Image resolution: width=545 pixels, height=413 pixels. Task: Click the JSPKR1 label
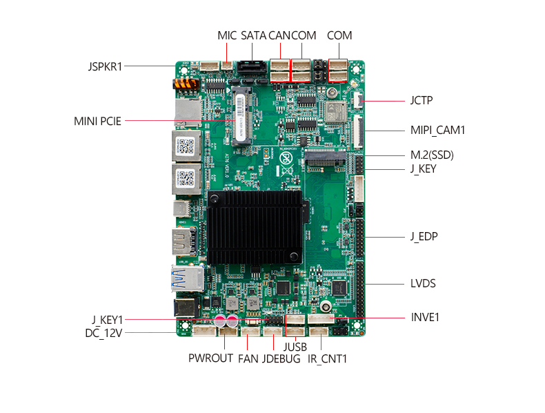click(105, 66)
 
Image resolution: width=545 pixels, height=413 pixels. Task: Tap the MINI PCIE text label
click(97, 121)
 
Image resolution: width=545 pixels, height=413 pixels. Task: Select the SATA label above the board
click(253, 35)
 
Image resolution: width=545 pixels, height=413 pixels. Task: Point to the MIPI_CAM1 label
click(437, 130)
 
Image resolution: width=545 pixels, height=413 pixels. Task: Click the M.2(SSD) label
click(432, 155)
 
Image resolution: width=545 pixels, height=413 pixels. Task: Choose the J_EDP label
click(424, 237)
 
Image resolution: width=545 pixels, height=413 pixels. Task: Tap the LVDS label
click(423, 283)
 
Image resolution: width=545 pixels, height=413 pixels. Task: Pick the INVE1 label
click(425, 317)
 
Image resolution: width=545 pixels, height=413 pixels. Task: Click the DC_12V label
click(103, 334)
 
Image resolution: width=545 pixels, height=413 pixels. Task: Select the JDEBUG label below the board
click(281, 358)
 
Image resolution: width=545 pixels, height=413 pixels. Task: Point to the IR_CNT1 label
click(328, 359)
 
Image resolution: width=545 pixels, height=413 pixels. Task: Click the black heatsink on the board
click(255, 227)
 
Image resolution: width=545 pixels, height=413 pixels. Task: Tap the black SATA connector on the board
click(252, 68)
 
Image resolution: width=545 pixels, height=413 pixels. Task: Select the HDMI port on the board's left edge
click(184, 241)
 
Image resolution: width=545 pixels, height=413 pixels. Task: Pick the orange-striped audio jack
click(186, 84)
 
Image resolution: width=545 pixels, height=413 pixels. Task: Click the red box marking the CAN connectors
click(280, 70)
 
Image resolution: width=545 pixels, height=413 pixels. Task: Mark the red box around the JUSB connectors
click(296, 325)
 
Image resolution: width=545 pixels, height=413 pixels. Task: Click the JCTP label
click(422, 101)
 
